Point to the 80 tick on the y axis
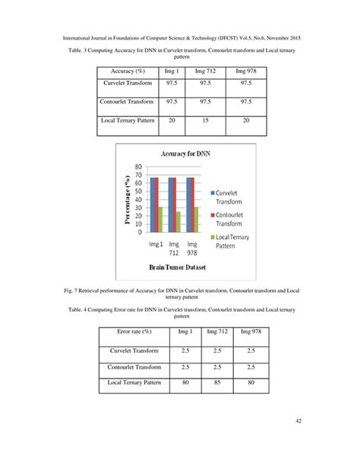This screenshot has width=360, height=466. click(x=138, y=166)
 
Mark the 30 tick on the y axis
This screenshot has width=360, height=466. click(x=138, y=208)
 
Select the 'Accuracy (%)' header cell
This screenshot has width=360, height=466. click(x=131, y=71)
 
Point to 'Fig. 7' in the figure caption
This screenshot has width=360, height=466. click(x=70, y=290)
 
